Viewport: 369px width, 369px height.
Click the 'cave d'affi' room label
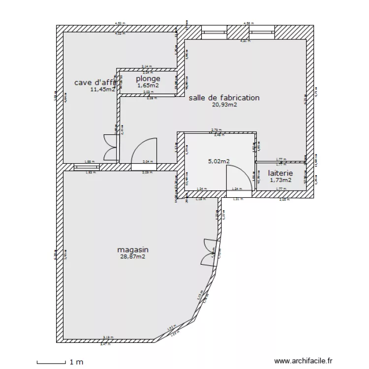click(94, 83)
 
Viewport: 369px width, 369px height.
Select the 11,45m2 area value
click(102, 90)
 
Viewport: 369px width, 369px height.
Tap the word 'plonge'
click(148, 79)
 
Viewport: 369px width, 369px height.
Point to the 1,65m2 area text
click(148, 86)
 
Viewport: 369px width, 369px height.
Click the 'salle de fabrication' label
click(224, 98)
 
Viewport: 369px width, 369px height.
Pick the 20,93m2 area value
click(224, 105)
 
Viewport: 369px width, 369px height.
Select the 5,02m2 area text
click(219, 161)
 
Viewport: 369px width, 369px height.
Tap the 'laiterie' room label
click(280, 173)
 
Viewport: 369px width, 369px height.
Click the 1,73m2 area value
click(280, 180)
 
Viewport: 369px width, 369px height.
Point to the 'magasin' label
click(133, 250)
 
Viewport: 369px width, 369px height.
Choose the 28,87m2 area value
click(133, 257)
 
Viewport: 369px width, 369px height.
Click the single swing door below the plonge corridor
click(144, 151)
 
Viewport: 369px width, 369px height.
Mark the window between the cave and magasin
click(87, 167)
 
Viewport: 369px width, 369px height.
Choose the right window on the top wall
click(262, 32)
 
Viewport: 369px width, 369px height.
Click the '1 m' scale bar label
click(76, 362)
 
